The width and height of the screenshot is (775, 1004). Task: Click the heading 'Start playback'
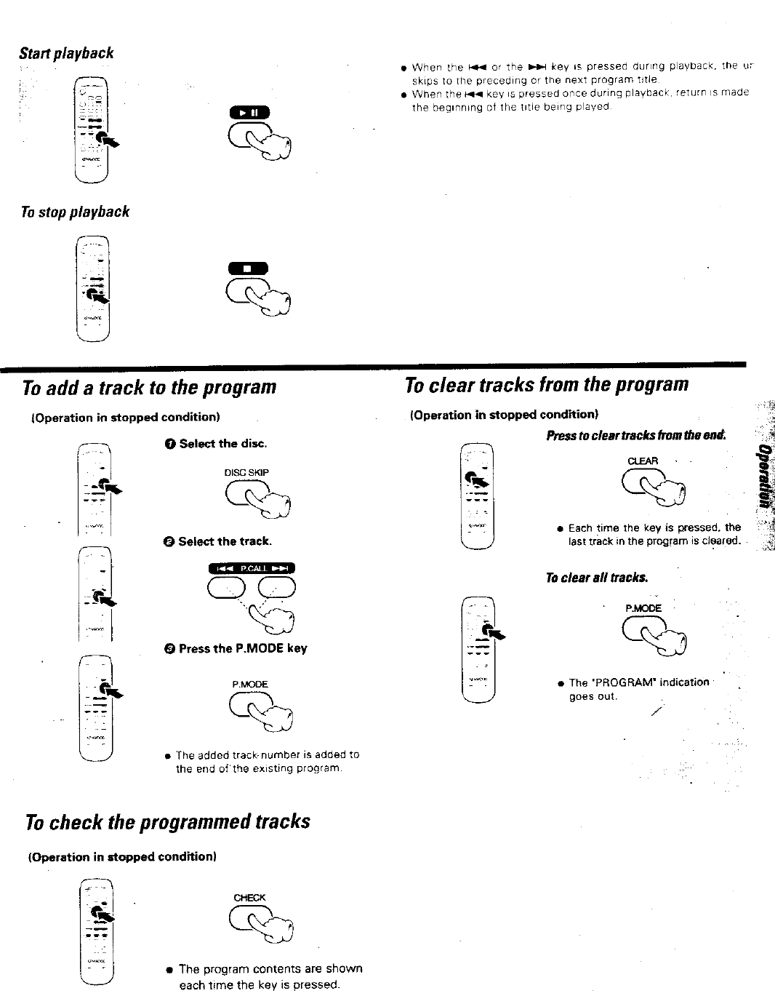(66, 53)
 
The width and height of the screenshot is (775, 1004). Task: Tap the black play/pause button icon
(249, 113)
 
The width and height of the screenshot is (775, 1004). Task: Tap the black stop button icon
(248, 268)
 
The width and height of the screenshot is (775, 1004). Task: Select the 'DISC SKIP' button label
(246, 472)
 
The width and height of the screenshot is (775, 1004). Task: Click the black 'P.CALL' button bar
(252, 569)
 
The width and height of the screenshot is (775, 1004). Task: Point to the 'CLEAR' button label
(642, 461)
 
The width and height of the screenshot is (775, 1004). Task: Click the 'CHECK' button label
(249, 898)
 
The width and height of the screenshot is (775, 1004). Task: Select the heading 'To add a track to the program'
(150, 386)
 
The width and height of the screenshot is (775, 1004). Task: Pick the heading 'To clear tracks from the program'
(546, 383)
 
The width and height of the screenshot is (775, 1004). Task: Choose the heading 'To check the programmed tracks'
(167, 821)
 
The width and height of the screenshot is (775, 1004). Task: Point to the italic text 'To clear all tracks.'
(596, 578)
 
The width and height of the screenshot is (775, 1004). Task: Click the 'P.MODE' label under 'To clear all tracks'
(643, 608)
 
